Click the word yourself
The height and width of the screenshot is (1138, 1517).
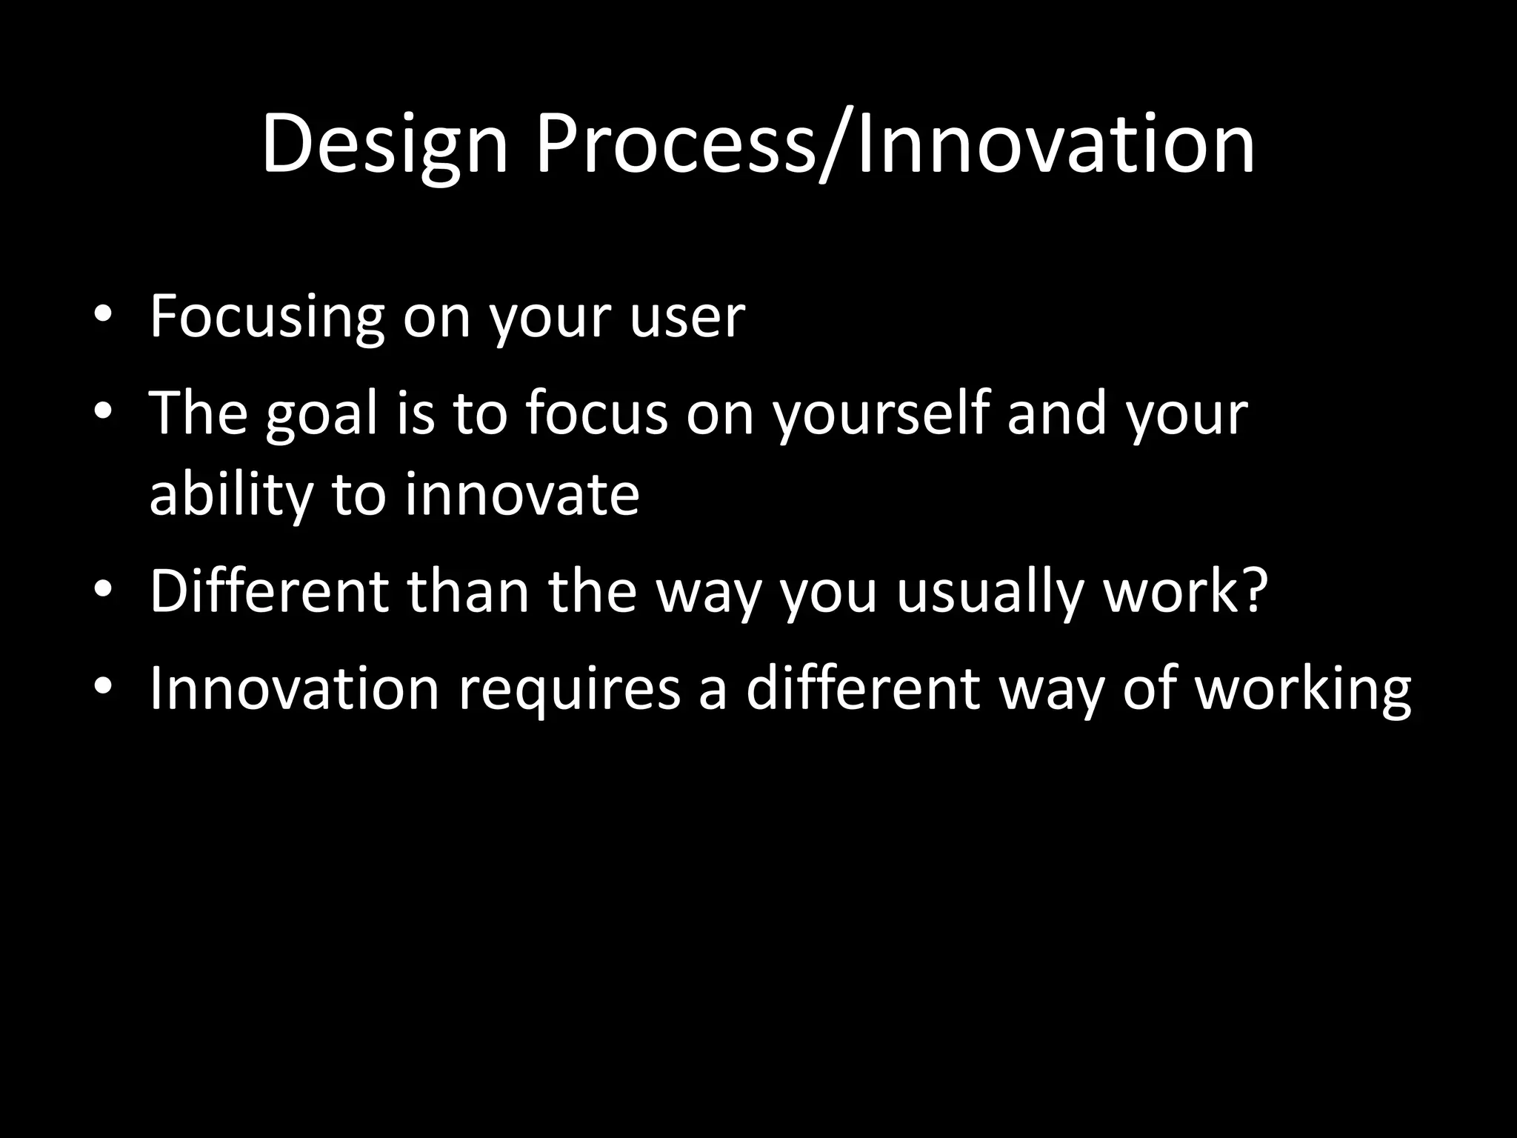point(881,415)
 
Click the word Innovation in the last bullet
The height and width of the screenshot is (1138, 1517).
point(294,688)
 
